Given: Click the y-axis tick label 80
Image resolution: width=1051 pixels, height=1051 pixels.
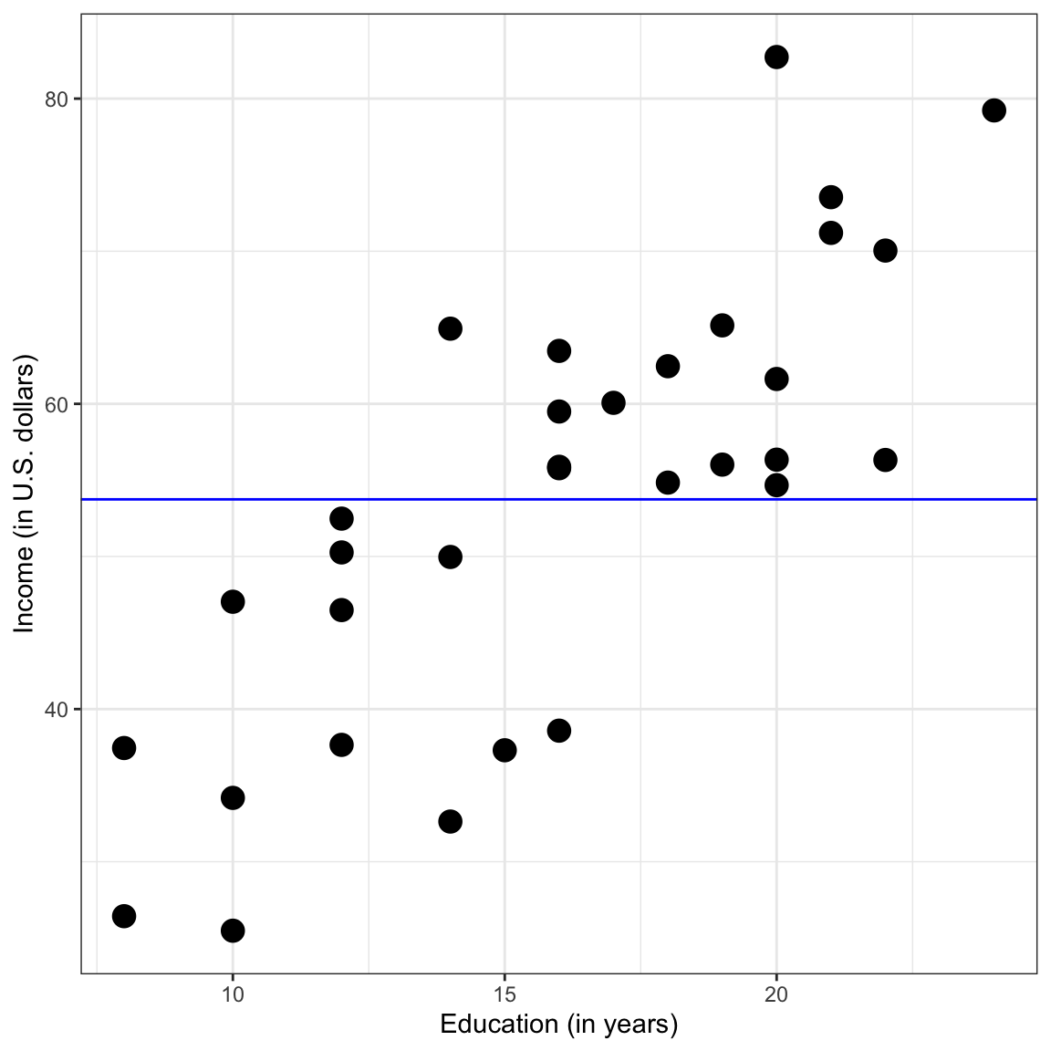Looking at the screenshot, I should [57, 99].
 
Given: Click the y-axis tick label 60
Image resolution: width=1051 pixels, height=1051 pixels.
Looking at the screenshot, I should [57, 404].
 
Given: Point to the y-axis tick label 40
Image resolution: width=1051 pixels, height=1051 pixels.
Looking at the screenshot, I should [57, 709].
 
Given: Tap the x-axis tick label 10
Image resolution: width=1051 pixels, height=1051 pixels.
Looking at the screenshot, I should [233, 994].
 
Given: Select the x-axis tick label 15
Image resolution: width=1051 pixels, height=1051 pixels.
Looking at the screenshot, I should [505, 994].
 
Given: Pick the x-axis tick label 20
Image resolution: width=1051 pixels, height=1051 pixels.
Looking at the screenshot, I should [776, 994].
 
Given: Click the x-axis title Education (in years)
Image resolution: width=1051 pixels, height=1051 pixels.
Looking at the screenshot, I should [558, 1025].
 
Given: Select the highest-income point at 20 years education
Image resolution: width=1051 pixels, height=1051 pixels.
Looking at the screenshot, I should [776, 57].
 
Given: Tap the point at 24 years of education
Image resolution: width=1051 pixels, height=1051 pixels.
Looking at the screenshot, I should [994, 110].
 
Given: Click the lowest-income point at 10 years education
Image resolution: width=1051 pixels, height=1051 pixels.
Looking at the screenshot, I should [233, 931].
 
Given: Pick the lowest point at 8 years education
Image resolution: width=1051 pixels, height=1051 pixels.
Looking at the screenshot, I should [124, 916].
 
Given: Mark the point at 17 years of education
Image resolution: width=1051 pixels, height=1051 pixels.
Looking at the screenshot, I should [613, 402].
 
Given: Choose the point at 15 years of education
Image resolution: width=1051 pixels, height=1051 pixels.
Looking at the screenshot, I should [505, 750].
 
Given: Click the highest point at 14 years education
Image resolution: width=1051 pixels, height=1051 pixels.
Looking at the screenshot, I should [450, 328].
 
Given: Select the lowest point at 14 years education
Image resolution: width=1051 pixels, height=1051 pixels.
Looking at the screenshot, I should [450, 821].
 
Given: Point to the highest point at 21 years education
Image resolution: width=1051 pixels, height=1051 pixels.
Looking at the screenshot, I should [830, 197].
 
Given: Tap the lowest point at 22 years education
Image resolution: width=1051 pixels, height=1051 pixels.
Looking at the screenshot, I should [885, 460].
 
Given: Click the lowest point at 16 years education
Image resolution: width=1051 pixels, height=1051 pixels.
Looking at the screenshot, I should [559, 730].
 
